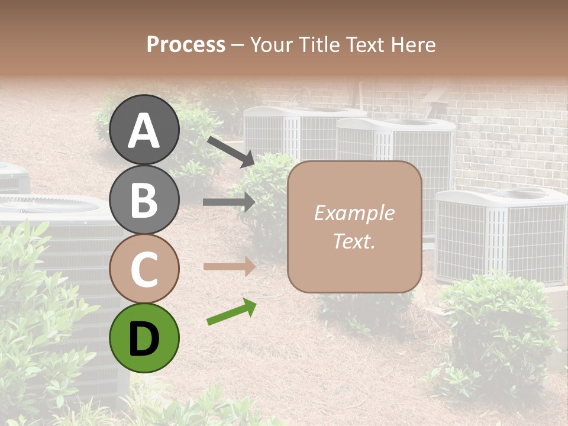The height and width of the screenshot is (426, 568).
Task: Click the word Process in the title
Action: pos(186,44)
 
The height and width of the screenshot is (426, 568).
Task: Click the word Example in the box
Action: pos(354,213)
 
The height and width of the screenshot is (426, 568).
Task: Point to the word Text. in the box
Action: pos(354,241)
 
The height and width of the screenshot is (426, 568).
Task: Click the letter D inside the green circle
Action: pos(144,339)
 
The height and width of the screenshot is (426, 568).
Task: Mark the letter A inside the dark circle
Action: pos(144,130)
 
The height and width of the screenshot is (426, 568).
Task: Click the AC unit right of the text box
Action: pos(501,234)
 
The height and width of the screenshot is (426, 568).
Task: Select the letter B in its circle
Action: pos(144,199)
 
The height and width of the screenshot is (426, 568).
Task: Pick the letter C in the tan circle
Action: pos(144,269)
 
